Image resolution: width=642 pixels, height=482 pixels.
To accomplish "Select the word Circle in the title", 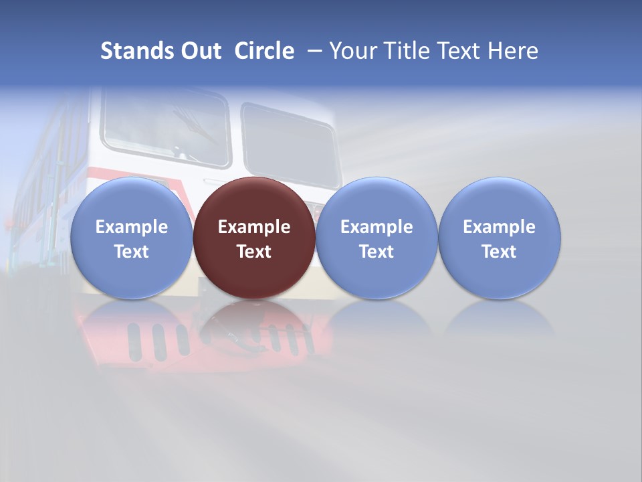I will click(264, 51).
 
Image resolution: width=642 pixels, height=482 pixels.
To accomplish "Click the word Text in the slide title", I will click(461, 51).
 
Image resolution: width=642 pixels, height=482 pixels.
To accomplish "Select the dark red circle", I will click(254, 238).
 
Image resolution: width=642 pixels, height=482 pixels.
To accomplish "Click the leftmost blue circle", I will click(131, 238).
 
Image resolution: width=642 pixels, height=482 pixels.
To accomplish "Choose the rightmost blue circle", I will click(500, 238).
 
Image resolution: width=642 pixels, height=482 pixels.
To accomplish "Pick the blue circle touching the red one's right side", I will click(377, 238).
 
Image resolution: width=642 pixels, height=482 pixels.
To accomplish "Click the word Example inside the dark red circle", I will click(254, 227).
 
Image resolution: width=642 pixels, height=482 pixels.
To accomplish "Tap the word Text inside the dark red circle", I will click(254, 252).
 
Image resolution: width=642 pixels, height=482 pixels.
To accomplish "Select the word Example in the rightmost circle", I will click(500, 227).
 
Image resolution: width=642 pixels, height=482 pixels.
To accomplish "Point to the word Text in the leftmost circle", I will click(131, 252).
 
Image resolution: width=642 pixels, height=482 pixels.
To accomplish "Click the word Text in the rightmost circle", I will click(500, 252).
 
